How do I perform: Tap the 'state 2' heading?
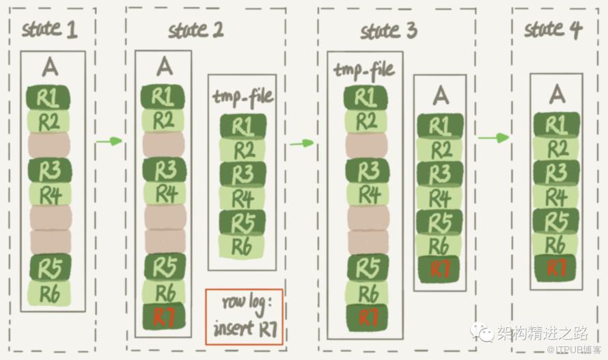click(x=196, y=31)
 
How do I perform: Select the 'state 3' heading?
click(x=388, y=31)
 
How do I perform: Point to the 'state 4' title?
click(x=554, y=29)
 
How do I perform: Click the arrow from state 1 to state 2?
click(x=108, y=141)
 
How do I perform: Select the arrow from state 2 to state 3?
click(x=301, y=143)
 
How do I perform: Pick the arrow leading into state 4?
click(x=494, y=137)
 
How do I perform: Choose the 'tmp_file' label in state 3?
click(x=364, y=70)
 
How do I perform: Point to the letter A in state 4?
click(x=559, y=93)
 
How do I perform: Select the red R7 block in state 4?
click(x=559, y=268)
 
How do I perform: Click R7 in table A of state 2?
click(x=163, y=316)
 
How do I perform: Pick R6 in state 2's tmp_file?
click(x=241, y=247)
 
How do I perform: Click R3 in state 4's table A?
click(x=559, y=173)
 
